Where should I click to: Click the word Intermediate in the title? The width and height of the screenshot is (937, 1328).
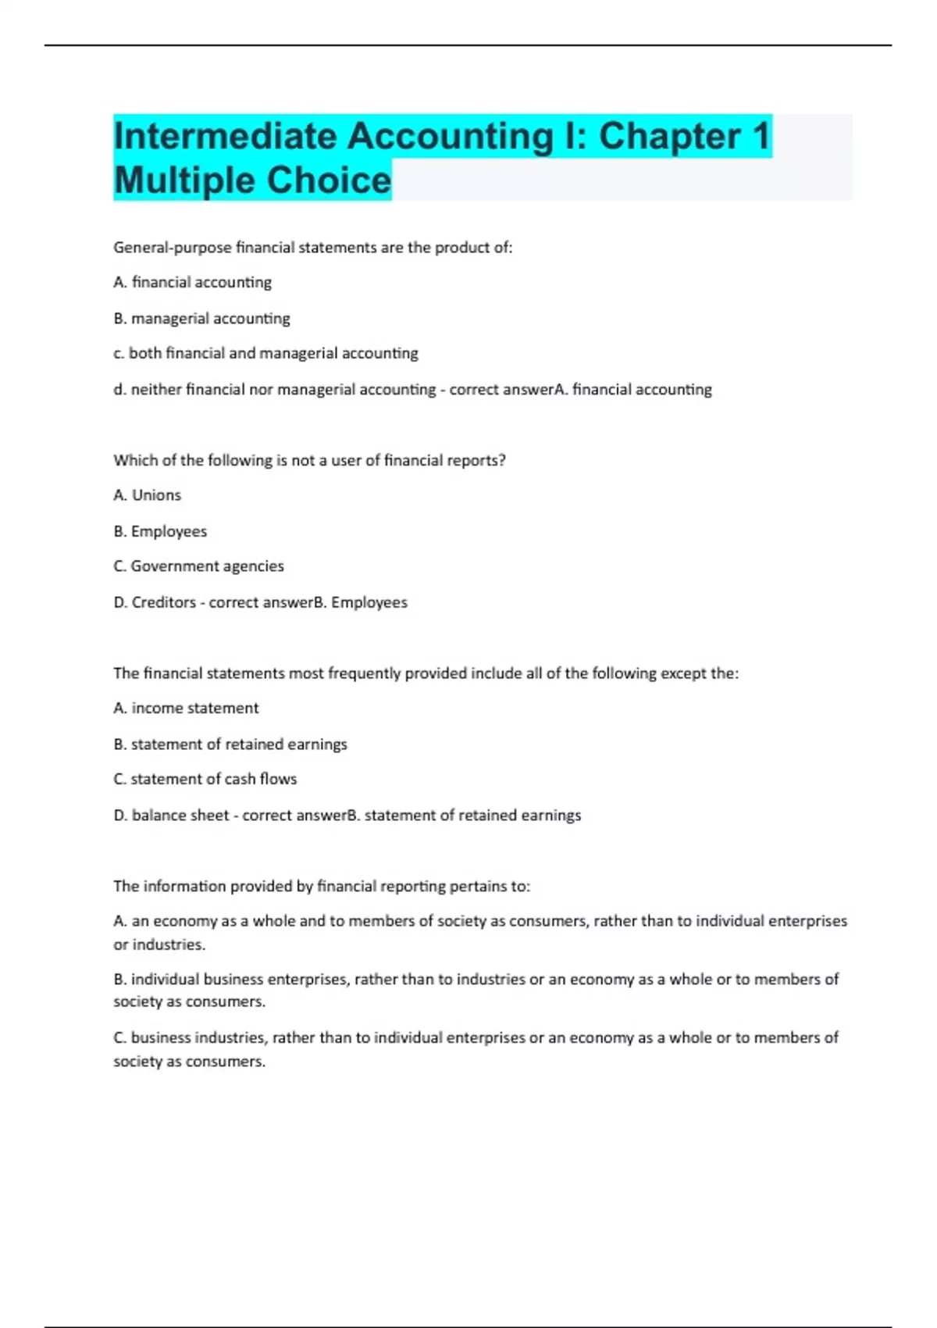click(225, 137)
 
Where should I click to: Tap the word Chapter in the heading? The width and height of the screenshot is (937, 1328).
click(670, 137)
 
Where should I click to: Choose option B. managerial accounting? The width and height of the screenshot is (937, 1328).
click(201, 319)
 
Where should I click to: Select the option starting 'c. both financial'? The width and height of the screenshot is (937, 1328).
click(265, 353)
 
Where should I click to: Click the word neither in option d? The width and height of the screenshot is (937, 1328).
click(158, 389)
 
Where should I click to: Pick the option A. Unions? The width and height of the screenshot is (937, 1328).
click(147, 495)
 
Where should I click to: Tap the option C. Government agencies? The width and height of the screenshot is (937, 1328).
click(198, 566)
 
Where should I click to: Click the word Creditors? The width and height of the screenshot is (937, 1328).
click(163, 602)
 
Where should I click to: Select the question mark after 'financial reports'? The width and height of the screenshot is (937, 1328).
click(502, 460)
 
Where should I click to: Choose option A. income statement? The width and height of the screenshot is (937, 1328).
click(186, 709)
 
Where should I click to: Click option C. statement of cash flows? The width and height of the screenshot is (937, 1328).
click(205, 780)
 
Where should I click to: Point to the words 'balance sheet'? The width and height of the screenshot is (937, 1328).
click(180, 816)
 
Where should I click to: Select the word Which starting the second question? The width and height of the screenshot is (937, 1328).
click(134, 460)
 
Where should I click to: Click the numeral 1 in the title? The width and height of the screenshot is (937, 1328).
click(761, 137)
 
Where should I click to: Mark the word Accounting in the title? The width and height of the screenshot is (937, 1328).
click(450, 137)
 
